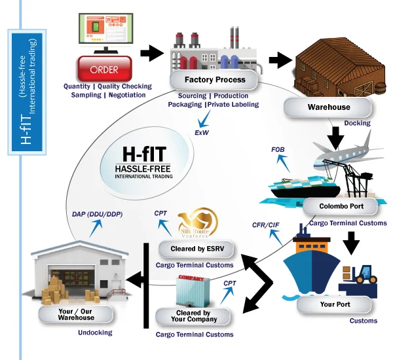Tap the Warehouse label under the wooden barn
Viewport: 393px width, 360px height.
pyautogui.click(x=329, y=107)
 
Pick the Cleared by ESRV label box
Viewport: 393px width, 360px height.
pyautogui.click(x=196, y=250)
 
